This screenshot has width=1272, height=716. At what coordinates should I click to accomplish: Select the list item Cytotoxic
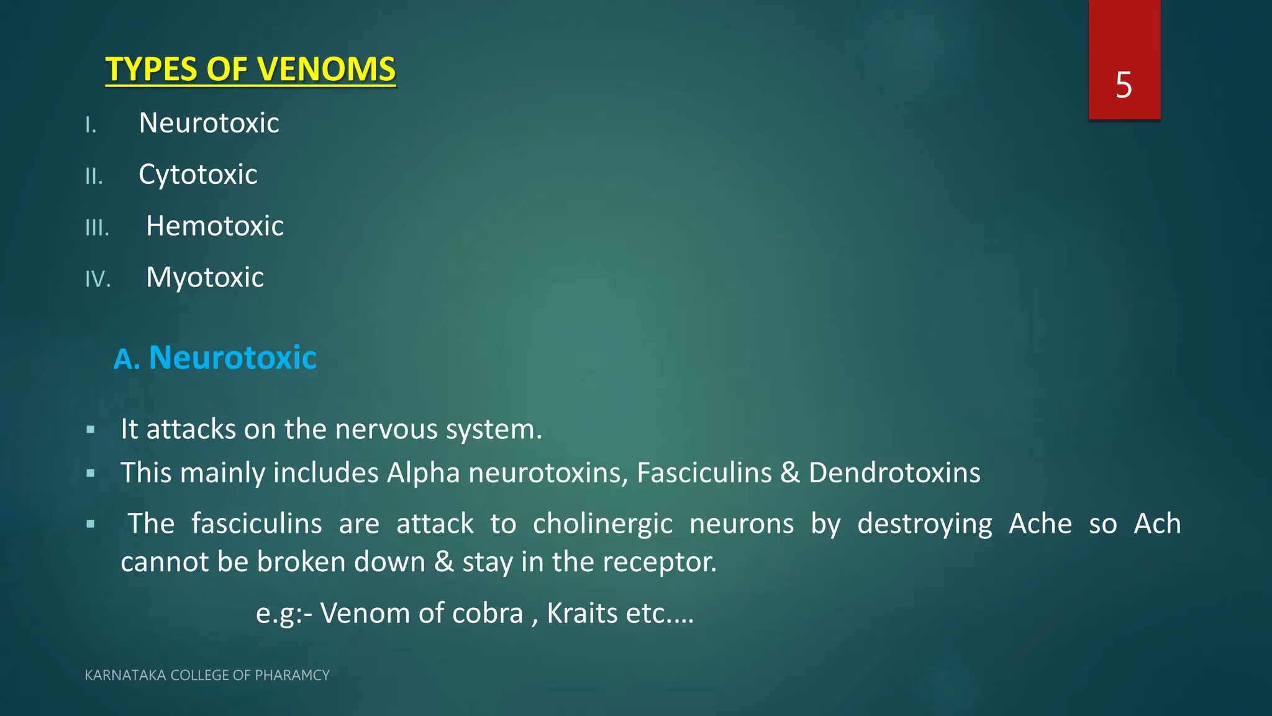click(x=198, y=175)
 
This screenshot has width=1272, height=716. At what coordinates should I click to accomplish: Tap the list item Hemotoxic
click(x=215, y=226)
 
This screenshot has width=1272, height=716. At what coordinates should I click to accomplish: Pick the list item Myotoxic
click(x=205, y=278)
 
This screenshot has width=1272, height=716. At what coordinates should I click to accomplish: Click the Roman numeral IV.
click(x=98, y=279)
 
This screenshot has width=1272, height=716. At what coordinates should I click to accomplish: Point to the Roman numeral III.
click(x=97, y=228)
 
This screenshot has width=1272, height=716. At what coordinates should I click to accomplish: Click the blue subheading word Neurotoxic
click(x=233, y=358)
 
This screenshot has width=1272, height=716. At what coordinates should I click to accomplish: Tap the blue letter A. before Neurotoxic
click(x=127, y=359)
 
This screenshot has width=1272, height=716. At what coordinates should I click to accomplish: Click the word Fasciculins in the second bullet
click(x=704, y=473)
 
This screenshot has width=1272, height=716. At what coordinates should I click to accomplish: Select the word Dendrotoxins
click(x=894, y=473)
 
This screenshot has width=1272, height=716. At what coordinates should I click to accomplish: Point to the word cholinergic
click(x=602, y=524)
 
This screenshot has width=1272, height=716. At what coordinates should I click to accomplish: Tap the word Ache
click(x=1040, y=524)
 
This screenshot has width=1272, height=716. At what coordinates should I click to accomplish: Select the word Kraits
click(x=582, y=614)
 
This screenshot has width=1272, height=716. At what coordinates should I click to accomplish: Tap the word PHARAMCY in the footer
click(x=292, y=676)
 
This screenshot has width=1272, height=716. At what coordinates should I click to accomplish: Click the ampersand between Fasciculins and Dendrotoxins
click(x=790, y=473)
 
